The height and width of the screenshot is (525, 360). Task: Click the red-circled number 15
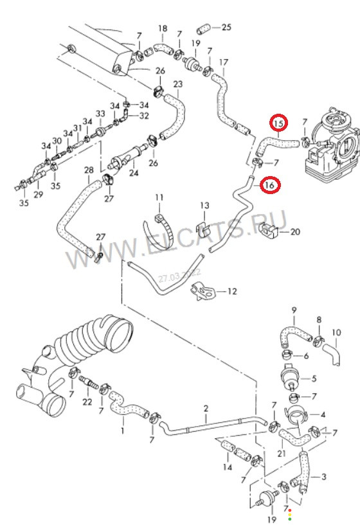point(279,123)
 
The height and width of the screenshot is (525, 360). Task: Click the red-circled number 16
point(271,185)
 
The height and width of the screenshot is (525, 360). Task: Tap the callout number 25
point(227,27)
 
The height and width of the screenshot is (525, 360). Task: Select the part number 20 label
point(295,232)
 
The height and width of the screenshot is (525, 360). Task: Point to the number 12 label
point(232,291)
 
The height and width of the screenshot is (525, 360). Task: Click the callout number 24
point(134,174)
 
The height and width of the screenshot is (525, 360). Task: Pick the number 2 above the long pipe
point(206,409)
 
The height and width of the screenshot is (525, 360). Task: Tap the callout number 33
point(100,114)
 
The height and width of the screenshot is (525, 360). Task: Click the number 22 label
point(87,402)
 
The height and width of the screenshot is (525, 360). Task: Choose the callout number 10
point(336,332)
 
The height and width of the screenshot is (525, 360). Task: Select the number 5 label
point(314,378)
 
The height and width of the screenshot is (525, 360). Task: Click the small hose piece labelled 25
point(204,29)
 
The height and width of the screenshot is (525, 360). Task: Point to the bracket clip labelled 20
point(268,230)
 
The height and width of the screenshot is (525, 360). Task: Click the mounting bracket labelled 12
point(202,290)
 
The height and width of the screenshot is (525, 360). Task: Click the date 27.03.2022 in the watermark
point(179,275)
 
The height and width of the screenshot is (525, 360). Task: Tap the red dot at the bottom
point(289,510)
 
